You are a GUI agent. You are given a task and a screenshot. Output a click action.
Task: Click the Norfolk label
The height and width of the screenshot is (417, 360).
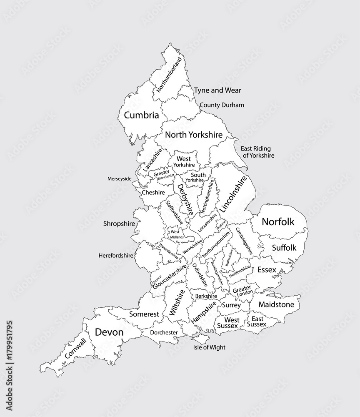278,222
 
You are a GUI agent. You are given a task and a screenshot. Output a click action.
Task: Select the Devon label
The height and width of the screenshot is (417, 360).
109,332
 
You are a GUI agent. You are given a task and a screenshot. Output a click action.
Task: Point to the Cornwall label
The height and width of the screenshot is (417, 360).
76,349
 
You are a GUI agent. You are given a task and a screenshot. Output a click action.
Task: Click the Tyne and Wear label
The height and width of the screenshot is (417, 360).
217,90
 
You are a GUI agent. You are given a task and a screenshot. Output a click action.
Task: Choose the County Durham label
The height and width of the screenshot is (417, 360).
222,105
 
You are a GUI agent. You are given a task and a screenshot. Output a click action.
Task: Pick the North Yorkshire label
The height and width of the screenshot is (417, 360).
193,135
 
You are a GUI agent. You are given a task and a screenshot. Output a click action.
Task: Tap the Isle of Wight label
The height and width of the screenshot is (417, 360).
209,347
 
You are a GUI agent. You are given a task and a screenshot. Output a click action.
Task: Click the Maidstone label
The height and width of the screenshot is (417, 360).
276,305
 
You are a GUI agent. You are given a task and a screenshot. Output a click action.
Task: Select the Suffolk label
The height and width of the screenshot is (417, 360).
284,248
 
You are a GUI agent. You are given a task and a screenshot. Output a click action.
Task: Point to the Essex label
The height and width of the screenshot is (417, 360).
267,270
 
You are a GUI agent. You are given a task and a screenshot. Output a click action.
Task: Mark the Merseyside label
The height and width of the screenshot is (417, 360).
119,178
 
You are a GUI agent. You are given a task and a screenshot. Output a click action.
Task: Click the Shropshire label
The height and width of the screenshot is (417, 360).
119,224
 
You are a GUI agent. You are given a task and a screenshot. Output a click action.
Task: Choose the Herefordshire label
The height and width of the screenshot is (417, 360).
116,255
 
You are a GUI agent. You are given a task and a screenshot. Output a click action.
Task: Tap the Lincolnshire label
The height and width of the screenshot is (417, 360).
236,193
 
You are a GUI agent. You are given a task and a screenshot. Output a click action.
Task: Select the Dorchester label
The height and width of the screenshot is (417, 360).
164,332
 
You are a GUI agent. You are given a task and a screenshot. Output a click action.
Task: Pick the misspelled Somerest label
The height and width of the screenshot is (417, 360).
144,314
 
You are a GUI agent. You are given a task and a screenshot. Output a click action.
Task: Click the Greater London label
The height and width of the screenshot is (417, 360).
242,290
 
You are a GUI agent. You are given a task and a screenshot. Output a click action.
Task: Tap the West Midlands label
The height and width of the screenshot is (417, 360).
175,234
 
